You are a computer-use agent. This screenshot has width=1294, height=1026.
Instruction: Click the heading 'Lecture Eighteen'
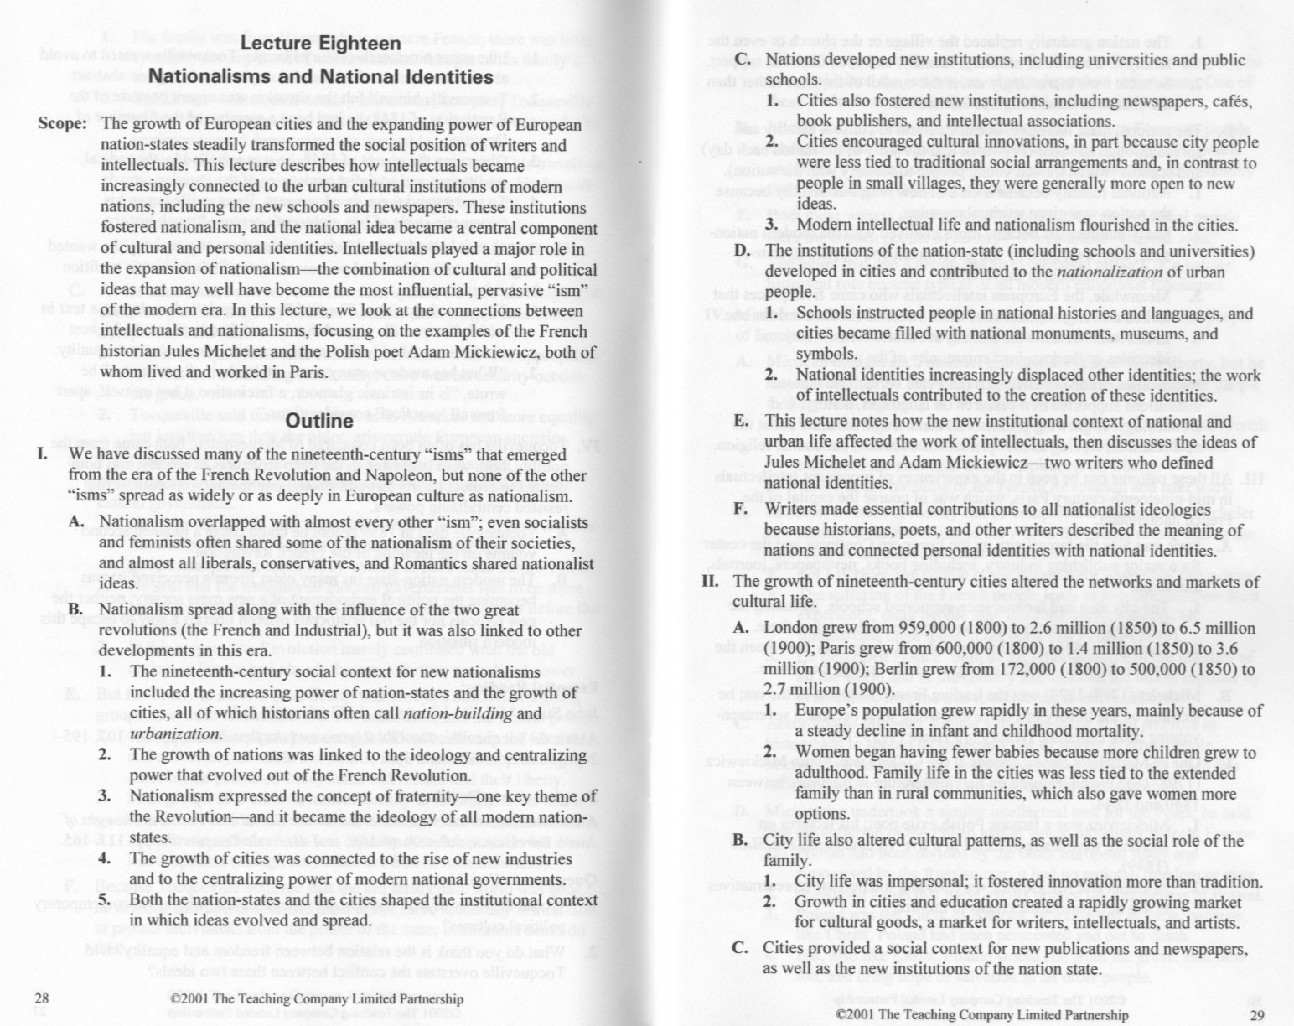point(321,44)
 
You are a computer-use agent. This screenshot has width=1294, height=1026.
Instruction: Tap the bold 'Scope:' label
point(63,124)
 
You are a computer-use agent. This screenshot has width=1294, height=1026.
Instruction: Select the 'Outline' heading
point(319,420)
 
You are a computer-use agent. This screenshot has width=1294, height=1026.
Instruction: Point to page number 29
point(1255,1015)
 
